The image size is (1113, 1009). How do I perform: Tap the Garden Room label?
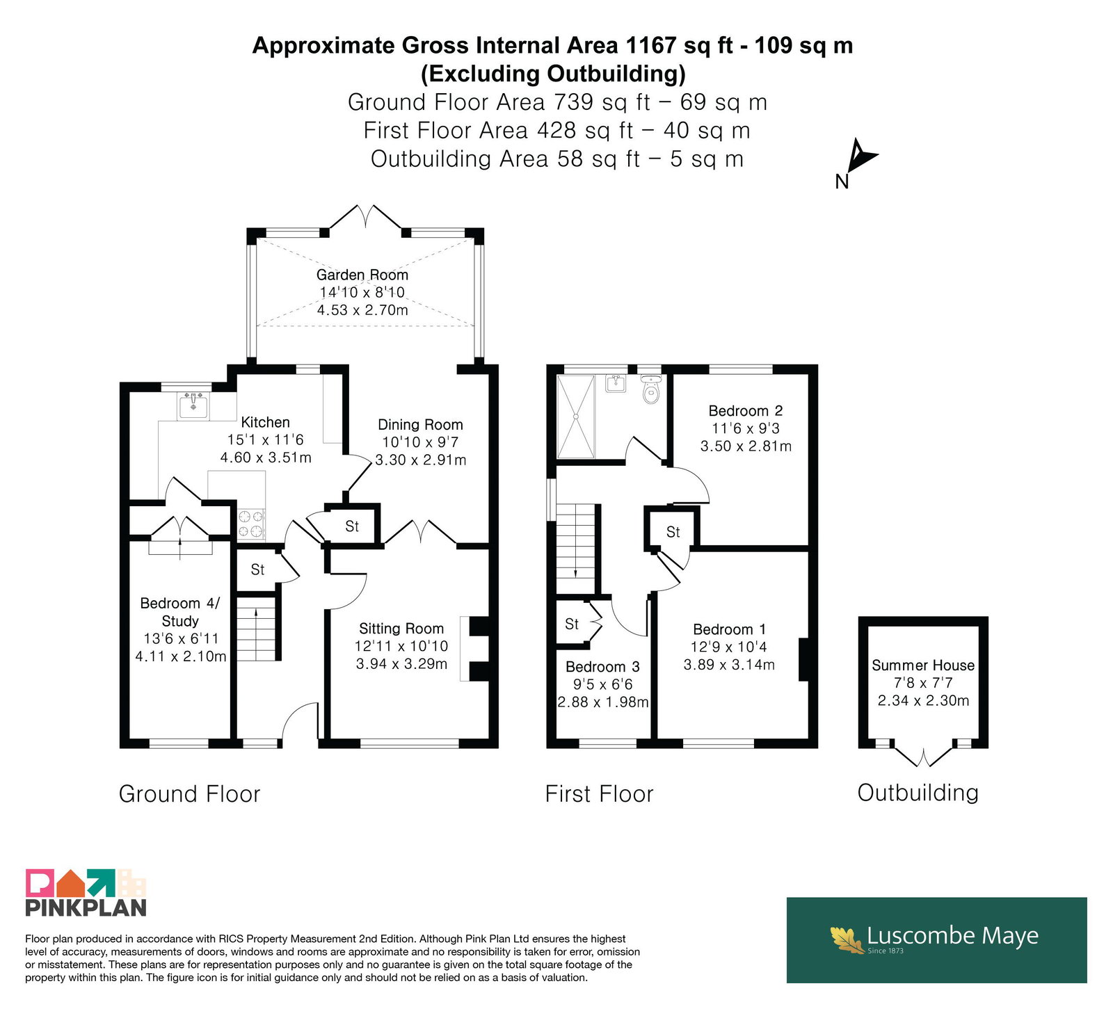[362, 275]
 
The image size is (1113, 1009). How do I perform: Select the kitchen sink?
[193, 406]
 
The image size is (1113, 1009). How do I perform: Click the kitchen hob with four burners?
[251, 524]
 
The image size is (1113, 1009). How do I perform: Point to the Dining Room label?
[420, 425]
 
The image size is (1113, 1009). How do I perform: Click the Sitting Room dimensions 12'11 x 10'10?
[401, 646]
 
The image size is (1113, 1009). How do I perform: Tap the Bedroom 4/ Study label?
[180, 612]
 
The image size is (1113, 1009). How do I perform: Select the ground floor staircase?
[257, 629]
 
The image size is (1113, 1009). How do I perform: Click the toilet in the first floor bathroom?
[650, 391]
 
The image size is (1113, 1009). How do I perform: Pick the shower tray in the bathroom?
[576, 417]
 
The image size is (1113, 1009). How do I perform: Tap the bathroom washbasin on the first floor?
[616, 383]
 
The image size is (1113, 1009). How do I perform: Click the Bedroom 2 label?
[746, 411]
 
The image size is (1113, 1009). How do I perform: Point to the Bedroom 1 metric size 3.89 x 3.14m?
[729, 665]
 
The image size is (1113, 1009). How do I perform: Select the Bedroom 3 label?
[602, 667]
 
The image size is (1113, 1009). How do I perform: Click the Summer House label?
[923, 665]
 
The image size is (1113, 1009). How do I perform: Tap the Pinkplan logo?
[86, 892]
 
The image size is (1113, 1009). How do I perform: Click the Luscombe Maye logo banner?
[936, 939]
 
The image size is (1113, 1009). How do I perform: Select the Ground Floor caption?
[189, 793]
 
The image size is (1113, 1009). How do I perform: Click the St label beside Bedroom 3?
[572, 624]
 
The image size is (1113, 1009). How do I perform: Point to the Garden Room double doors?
[366, 217]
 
